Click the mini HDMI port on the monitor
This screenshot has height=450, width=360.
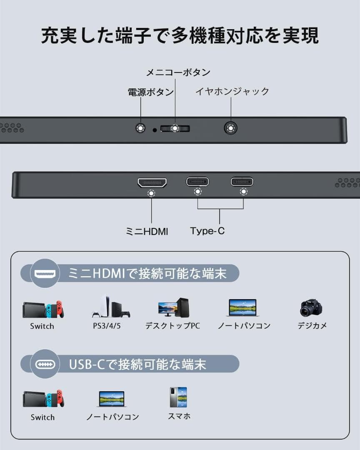click(152, 183)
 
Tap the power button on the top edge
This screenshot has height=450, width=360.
click(141, 128)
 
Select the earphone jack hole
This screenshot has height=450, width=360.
click(230, 128)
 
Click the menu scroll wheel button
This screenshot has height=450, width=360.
click(175, 128)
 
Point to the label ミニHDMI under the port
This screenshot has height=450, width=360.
click(147, 232)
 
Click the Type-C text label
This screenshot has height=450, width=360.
click(207, 231)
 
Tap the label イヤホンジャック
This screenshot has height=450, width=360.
click(232, 91)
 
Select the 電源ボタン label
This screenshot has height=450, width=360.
click(150, 92)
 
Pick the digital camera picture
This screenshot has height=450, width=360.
click(311, 308)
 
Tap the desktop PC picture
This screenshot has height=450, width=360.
click(174, 307)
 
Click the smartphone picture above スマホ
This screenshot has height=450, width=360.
click(178, 397)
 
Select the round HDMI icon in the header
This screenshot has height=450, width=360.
click(45, 273)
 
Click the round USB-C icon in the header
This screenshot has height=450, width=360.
click(45, 365)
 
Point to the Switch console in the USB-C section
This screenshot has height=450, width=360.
click(43, 399)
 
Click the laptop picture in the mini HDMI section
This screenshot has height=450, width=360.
click(243, 308)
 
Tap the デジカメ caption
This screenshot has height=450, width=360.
click(312, 326)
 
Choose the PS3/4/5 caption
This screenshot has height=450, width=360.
click(107, 326)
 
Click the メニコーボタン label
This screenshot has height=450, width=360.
click(178, 72)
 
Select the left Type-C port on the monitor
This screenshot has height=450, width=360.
click(197, 182)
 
